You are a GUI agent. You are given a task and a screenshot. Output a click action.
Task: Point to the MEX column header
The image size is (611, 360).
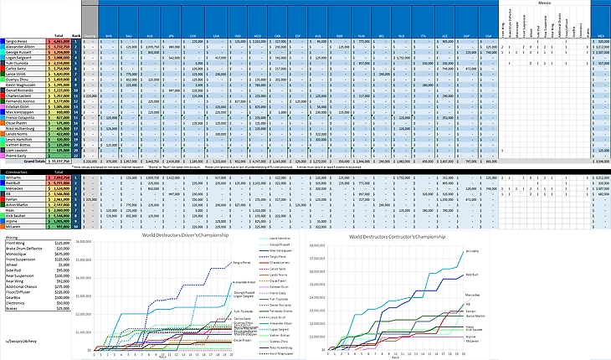point(601,35)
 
